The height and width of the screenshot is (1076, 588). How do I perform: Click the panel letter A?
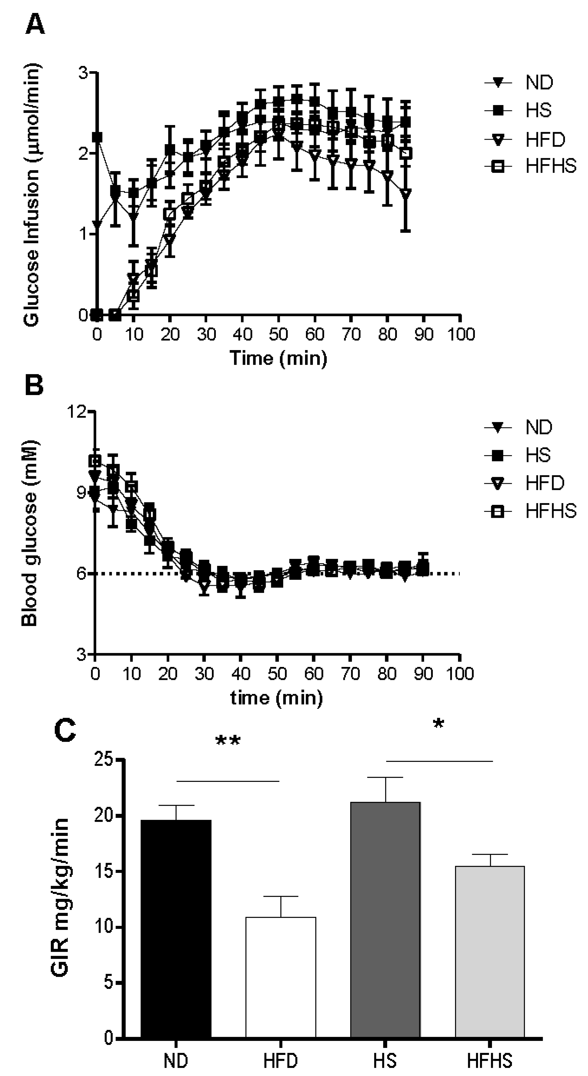tap(35, 25)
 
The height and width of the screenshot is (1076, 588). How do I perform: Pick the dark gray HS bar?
tap(385, 919)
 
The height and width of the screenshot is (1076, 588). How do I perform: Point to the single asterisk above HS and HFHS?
tap(438, 725)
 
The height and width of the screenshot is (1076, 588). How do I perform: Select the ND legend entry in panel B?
tap(538, 427)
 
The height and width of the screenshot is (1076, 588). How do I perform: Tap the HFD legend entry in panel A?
tap(544, 139)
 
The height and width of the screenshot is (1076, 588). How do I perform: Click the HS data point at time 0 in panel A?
tap(97, 137)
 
